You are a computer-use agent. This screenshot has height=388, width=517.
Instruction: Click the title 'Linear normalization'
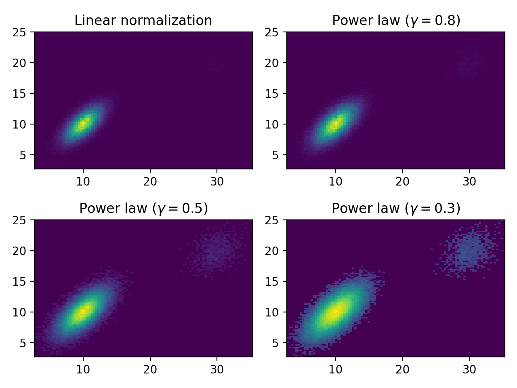click(x=143, y=20)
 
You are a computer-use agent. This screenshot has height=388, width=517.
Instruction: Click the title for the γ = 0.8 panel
click(x=396, y=20)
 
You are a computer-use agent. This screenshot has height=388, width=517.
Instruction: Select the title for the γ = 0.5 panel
click(x=143, y=208)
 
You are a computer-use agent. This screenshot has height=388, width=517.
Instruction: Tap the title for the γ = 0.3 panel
click(x=396, y=208)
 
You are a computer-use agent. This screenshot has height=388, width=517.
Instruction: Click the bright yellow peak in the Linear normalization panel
click(x=83, y=124)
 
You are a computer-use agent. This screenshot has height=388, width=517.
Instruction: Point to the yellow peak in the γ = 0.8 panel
click(x=336, y=124)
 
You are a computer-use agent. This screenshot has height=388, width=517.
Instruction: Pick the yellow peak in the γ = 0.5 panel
click(x=83, y=312)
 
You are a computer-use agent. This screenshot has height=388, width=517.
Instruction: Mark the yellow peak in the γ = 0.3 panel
click(x=336, y=312)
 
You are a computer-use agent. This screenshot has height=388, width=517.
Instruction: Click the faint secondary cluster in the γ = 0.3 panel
click(x=469, y=251)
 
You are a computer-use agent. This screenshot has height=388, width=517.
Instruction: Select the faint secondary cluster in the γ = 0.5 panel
click(x=217, y=251)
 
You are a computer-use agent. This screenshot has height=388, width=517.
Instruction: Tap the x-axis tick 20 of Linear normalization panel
click(x=150, y=182)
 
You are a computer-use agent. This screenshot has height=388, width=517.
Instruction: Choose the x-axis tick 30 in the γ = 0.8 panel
click(x=469, y=182)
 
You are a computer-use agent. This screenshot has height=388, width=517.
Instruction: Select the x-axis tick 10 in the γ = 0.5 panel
click(x=83, y=370)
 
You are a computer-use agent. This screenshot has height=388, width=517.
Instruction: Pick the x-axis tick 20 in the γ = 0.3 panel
click(x=403, y=370)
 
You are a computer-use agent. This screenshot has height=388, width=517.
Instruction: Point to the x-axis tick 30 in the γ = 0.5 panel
click(x=217, y=370)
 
